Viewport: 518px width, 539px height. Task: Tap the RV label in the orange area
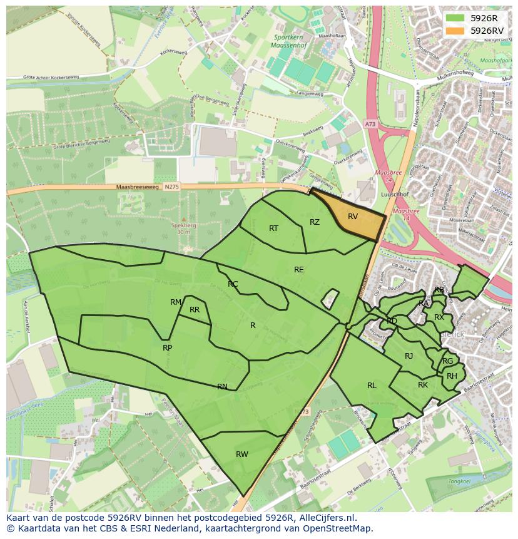pos(353,217)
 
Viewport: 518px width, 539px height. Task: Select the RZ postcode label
pos(315,222)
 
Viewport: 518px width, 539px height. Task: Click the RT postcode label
pos(273,228)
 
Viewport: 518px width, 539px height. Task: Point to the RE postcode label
pos(299,270)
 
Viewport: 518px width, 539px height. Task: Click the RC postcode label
pos(233,284)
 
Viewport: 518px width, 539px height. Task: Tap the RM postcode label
pos(176,302)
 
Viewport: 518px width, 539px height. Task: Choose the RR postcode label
pos(195,310)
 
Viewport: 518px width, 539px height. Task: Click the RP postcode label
pos(167,348)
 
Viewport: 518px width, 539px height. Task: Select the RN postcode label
pos(222,387)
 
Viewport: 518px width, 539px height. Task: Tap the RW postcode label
pos(242,454)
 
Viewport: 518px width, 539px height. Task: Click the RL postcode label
pos(372,386)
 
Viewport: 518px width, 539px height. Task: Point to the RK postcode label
pos(423,385)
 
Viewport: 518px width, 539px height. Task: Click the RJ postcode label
pos(409,356)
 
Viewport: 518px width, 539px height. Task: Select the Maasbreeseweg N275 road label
pos(139,187)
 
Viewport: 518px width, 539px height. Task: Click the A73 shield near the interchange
pos(371,125)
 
